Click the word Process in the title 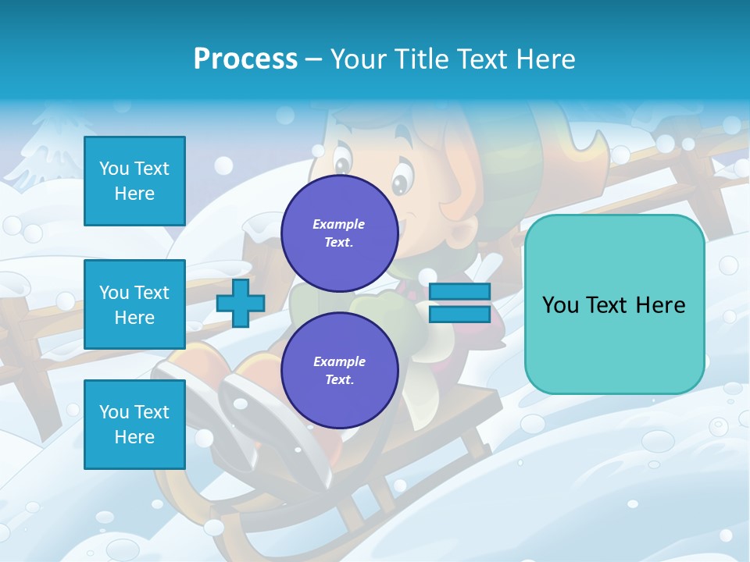pyautogui.click(x=245, y=59)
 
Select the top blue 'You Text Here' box pyautogui.click(x=134, y=181)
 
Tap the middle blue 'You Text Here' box pyautogui.click(x=134, y=304)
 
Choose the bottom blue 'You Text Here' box pyautogui.click(x=134, y=424)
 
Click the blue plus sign pyautogui.click(x=240, y=303)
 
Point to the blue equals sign pyautogui.click(x=459, y=303)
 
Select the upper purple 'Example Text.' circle pyautogui.click(x=339, y=233)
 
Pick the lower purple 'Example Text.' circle pyautogui.click(x=339, y=371)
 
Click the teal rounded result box pyautogui.click(x=614, y=304)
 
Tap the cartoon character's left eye pyautogui.click(x=342, y=165)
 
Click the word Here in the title pyautogui.click(x=545, y=59)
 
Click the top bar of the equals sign pyautogui.click(x=459, y=292)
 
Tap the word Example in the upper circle pyautogui.click(x=339, y=225)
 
